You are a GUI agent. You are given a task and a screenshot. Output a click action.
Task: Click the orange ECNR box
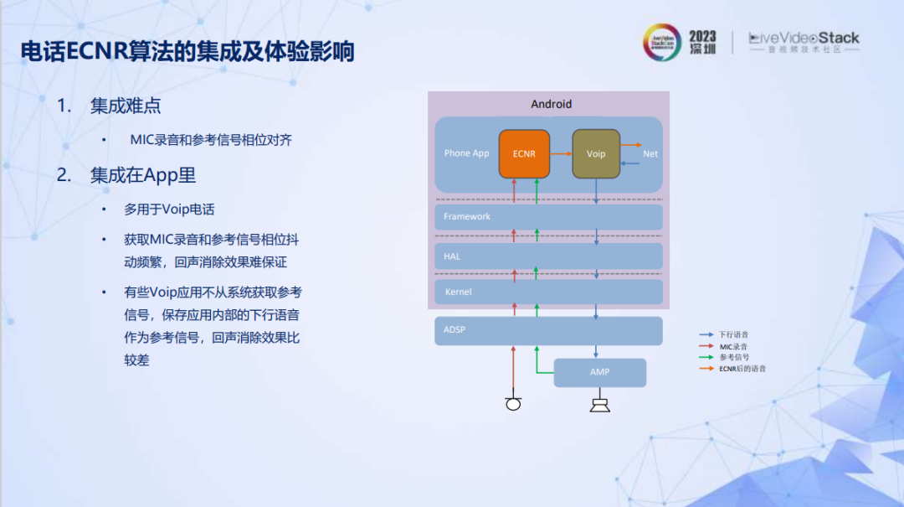click(524, 154)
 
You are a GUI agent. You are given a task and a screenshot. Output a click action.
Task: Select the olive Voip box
click(596, 154)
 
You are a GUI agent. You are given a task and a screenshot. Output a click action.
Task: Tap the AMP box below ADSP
click(599, 372)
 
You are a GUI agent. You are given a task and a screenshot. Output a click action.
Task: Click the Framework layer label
click(467, 217)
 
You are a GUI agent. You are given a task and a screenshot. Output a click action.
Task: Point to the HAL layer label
click(452, 256)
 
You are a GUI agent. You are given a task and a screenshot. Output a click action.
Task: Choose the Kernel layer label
click(458, 292)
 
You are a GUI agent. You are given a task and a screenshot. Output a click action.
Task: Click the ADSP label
click(455, 330)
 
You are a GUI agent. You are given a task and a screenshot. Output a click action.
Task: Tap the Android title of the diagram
click(552, 104)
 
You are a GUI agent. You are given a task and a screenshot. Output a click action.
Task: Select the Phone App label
click(466, 153)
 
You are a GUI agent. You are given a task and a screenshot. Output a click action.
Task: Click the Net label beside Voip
click(650, 154)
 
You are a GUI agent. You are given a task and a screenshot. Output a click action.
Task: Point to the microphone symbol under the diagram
click(513, 405)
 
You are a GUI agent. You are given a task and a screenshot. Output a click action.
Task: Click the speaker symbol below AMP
click(599, 406)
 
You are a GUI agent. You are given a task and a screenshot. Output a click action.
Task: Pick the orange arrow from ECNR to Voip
click(561, 154)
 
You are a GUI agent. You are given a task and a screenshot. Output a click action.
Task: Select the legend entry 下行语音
click(733, 335)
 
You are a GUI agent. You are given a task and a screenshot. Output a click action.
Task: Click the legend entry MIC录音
click(733, 346)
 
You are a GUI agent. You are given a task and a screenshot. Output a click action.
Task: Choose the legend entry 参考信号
click(733, 358)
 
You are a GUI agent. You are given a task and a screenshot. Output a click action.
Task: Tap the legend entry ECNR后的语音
click(742, 369)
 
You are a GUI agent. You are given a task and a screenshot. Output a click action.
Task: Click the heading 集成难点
click(126, 106)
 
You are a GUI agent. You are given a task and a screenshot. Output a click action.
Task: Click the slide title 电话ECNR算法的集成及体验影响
click(187, 52)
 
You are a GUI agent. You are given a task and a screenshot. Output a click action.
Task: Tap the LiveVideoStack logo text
click(804, 39)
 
